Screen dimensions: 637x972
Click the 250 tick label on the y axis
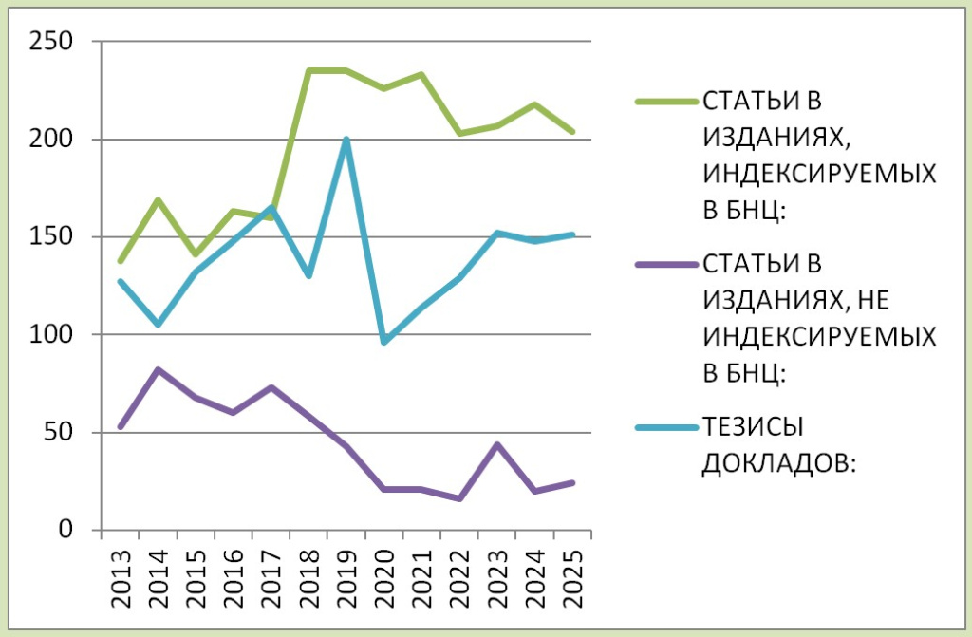(x=55, y=42)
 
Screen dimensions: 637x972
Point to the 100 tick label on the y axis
(x=55, y=334)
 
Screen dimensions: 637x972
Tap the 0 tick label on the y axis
(x=68, y=530)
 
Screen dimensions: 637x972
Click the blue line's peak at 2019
(x=346, y=140)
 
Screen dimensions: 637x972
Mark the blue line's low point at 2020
(x=383, y=342)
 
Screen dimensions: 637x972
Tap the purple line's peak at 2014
(x=158, y=369)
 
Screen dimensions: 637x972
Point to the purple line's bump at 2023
(x=496, y=444)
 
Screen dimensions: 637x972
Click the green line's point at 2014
(x=158, y=199)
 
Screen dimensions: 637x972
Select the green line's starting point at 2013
(x=120, y=261)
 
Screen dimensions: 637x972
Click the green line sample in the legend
(x=664, y=101)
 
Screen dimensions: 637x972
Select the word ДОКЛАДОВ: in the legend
(x=777, y=462)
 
